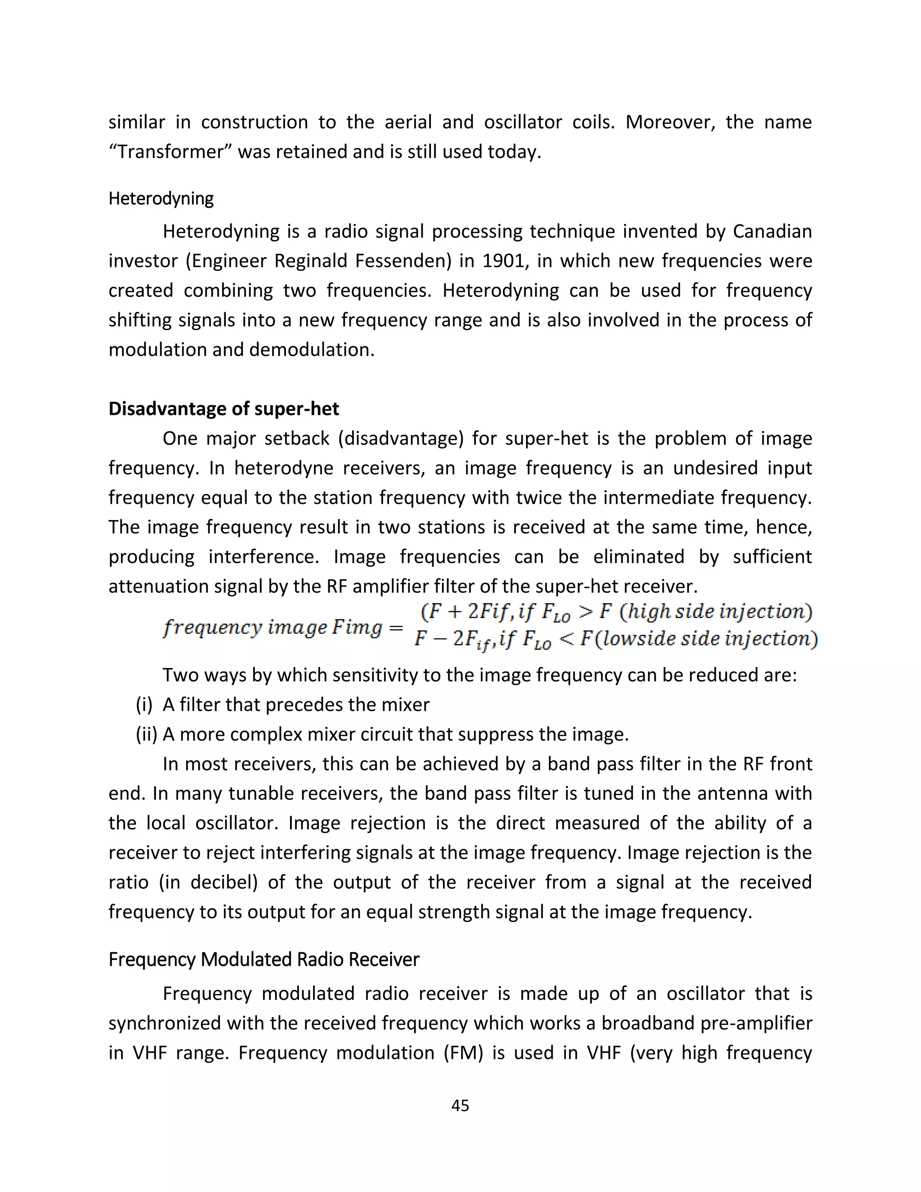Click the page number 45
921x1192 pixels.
tap(460, 1106)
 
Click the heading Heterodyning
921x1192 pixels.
tap(161, 199)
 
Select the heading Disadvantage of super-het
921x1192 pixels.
tap(224, 409)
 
